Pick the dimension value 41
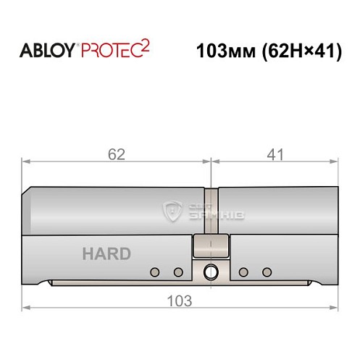[x=274, y=153]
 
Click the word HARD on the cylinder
[x=106, y=254]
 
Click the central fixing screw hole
[x=211, y=272]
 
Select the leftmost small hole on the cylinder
[x=154, y=272]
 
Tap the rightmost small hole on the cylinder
[x=267, y=272]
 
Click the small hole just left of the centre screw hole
[x=177, y=272]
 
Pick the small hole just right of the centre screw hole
[x=243, y=272]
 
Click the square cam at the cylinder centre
[x=211, y=248]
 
